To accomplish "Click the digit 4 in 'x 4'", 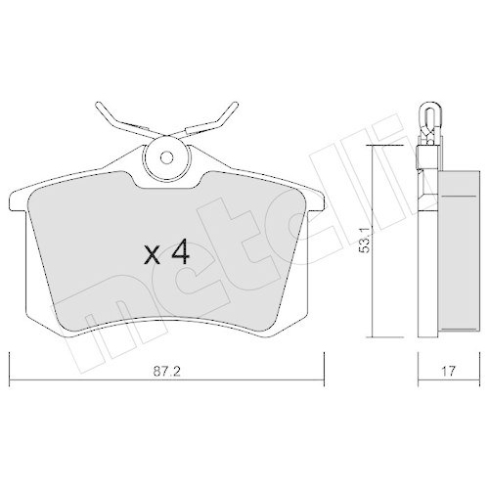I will pyautogui.click(x=178, y=254).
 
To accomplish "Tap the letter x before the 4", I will pyautogui.click(x=152, y=257).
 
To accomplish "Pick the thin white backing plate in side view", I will pyautogui.click(x=426, y=254).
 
